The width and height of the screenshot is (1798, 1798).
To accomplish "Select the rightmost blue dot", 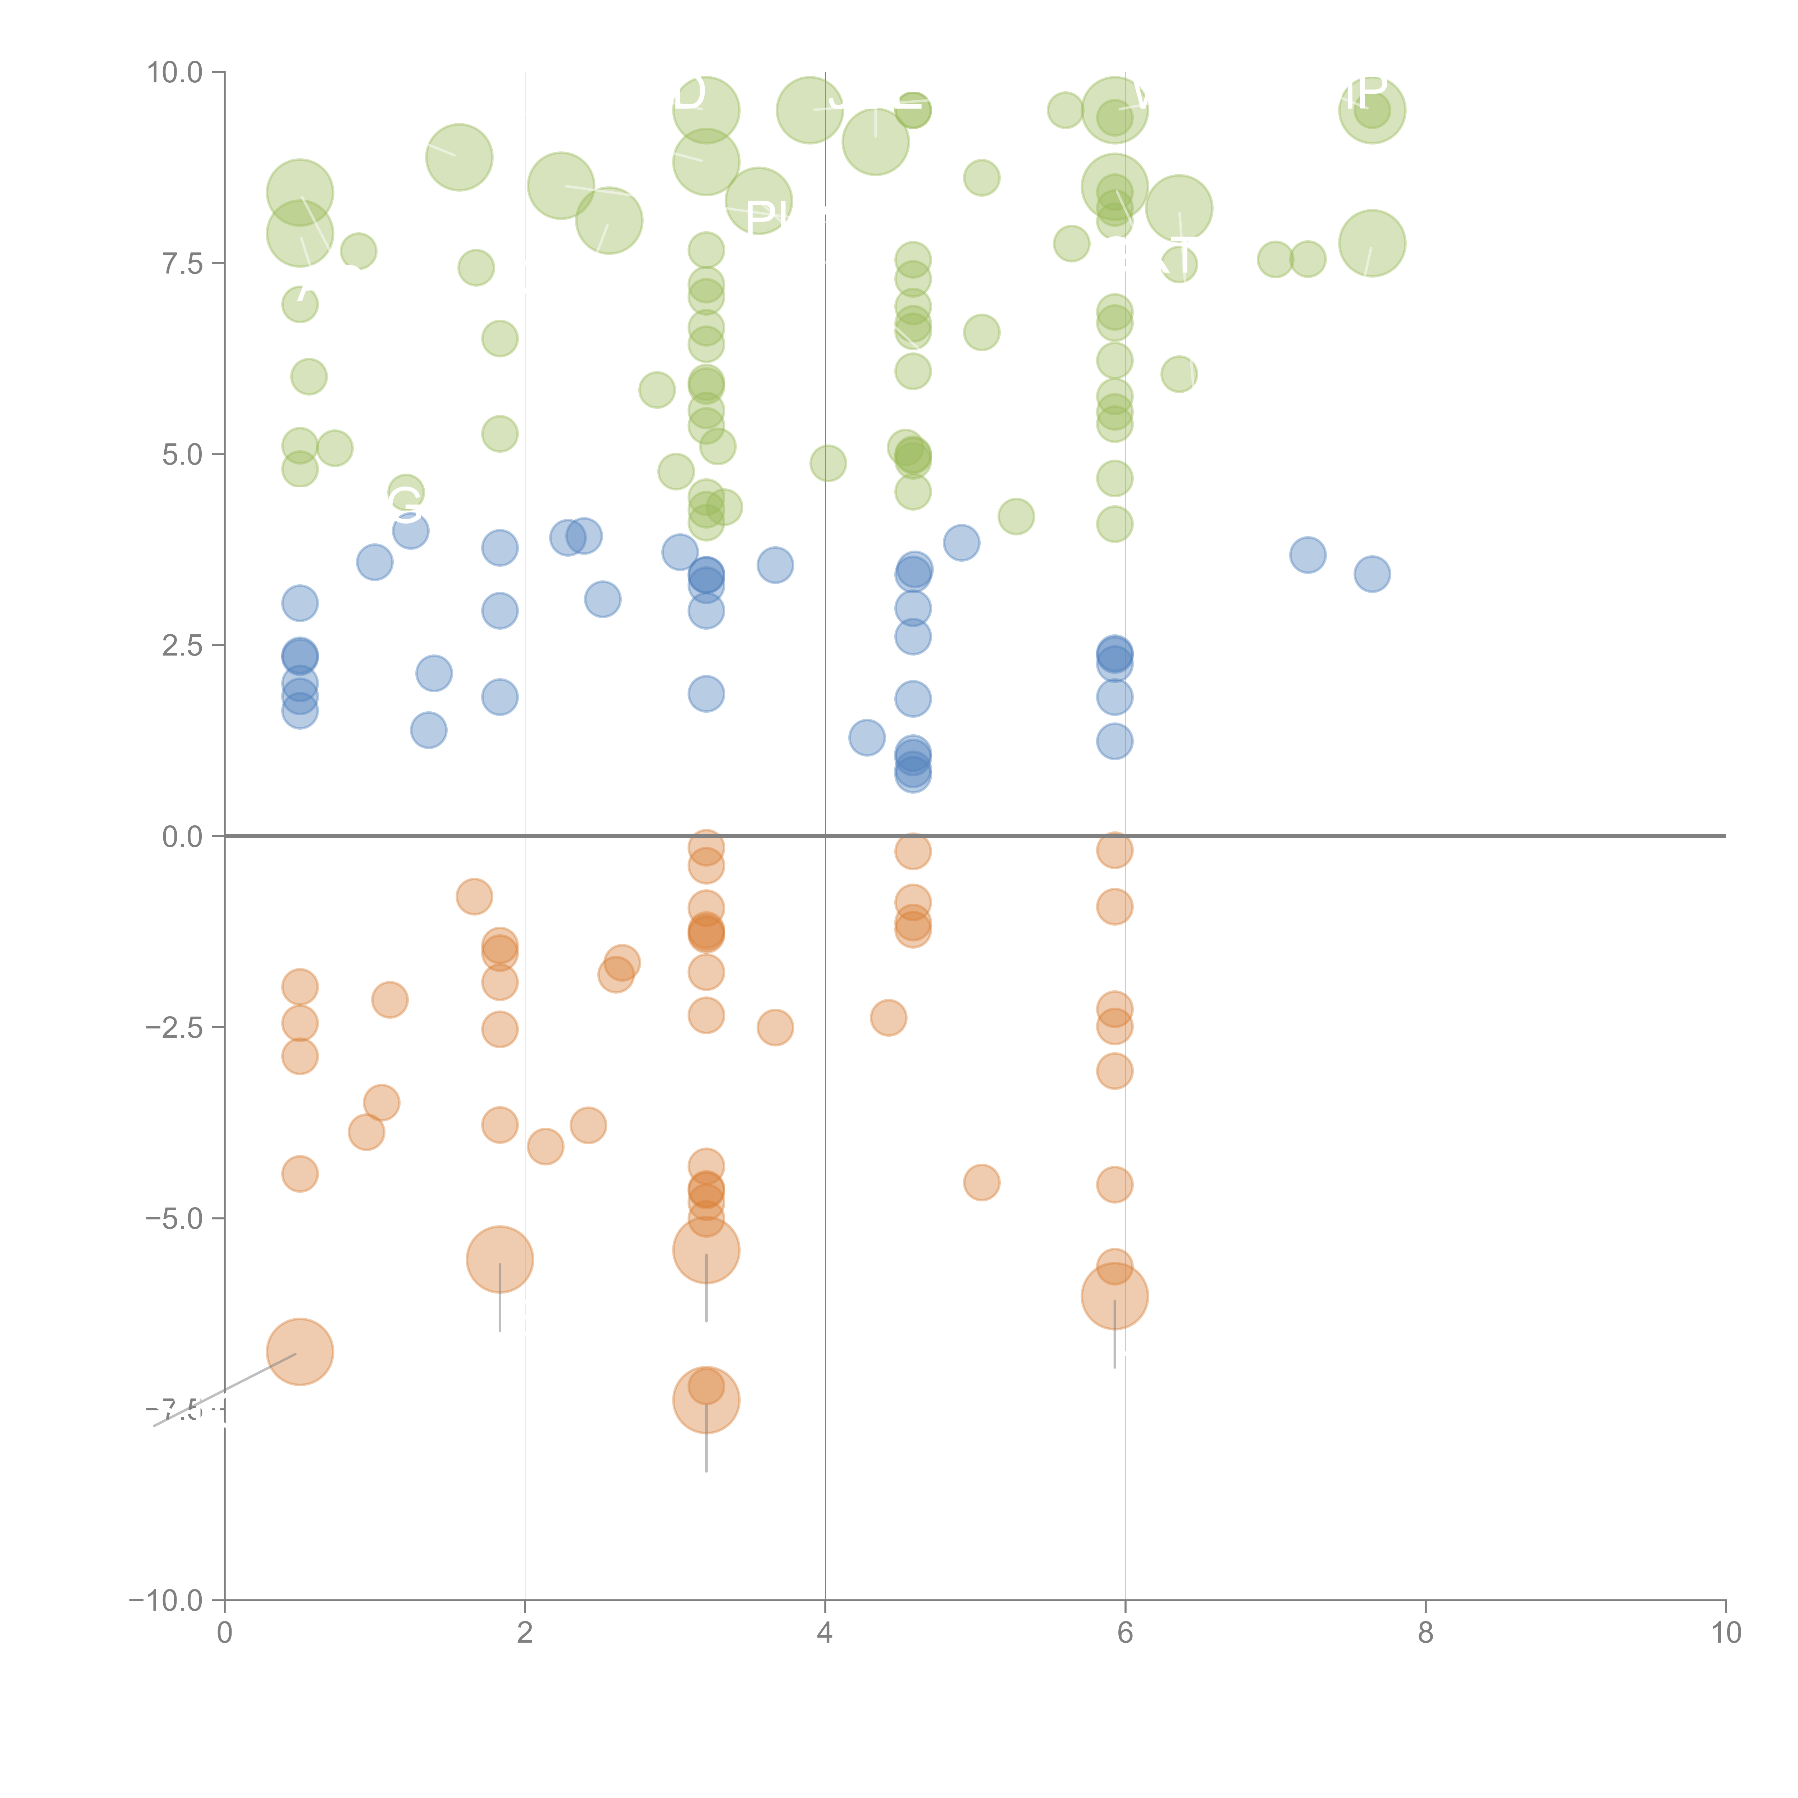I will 1372,574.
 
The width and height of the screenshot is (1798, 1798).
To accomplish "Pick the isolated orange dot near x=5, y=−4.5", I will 981,1183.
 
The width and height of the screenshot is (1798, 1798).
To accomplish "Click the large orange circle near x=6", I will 1114,1295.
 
